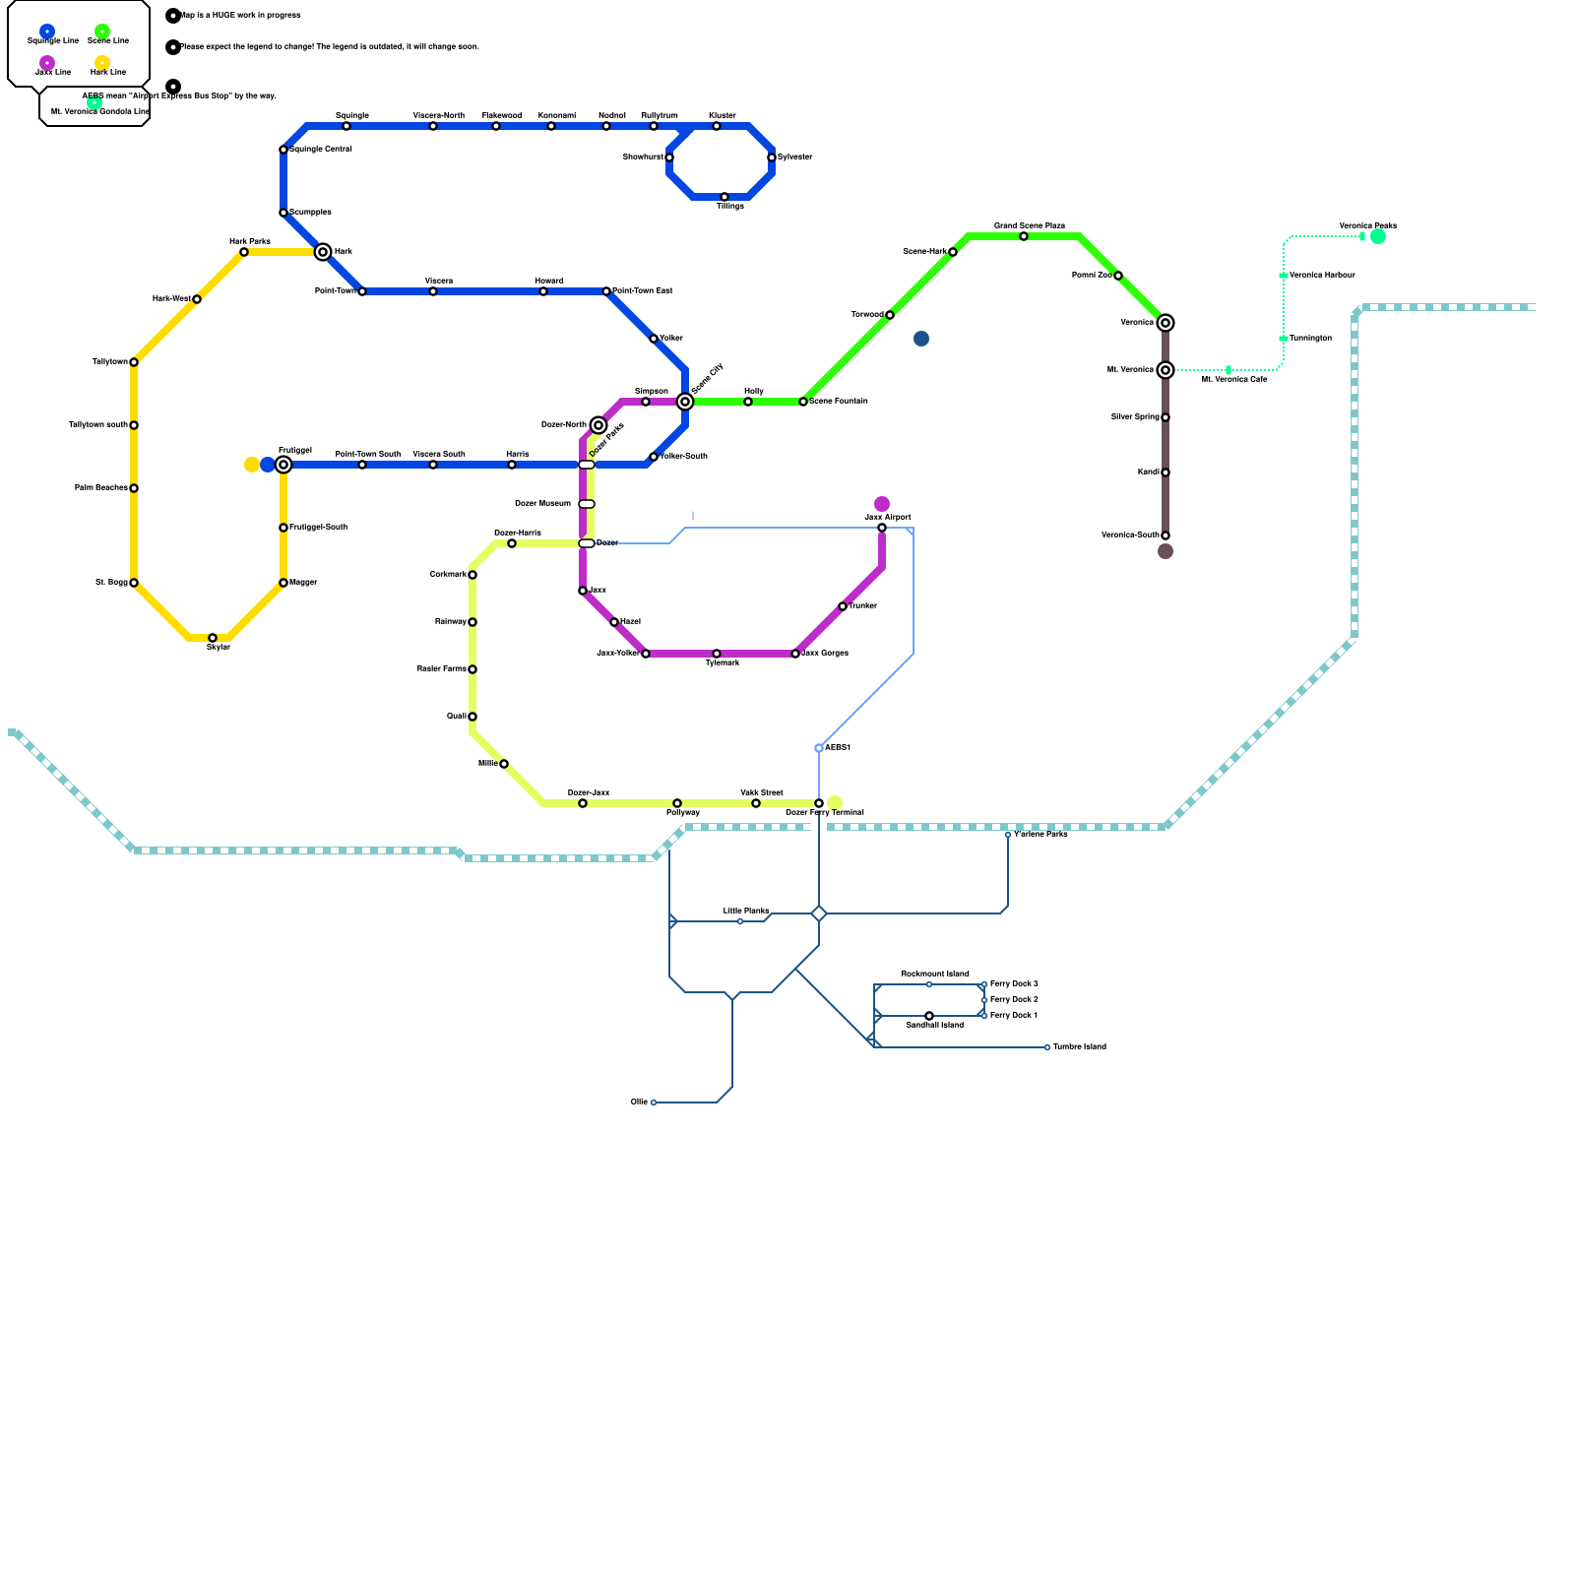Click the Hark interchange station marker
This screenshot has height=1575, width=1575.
click(323, 252)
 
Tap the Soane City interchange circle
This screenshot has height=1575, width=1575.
click(685, 402)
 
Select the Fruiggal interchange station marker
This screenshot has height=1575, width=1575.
click(283, 465)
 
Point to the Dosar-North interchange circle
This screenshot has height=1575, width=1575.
click(598, 425)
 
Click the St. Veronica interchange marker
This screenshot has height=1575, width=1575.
click(1165, 370)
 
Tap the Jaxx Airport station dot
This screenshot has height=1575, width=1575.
click(882, 528)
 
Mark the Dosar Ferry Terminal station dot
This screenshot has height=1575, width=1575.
click(819, 803)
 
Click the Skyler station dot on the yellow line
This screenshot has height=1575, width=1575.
click(213, 638)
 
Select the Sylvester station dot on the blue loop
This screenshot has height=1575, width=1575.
click(772, 157)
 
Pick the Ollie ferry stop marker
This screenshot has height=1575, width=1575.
click(654, 1102)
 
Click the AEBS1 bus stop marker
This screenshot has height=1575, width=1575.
click(819, 748)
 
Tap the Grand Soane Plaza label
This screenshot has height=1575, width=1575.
click(1029, 225)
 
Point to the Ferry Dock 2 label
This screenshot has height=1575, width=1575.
click(1013, 999)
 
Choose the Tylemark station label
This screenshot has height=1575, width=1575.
click(722, 662)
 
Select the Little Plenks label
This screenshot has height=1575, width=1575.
click(746, 911)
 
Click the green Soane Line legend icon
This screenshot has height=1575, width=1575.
click(102, 31)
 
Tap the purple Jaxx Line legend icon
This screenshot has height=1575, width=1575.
click(47, 63)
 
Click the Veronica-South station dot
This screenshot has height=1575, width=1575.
click(1165, 535)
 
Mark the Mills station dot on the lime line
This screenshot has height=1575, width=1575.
click(504, 764)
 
